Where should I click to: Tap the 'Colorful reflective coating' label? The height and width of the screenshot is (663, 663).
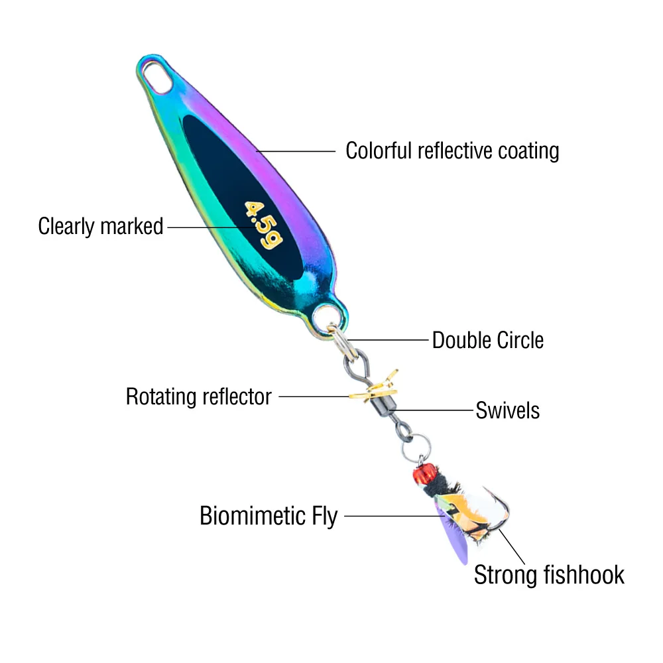[452, 151]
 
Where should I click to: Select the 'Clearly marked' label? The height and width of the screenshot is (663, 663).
[100, 226]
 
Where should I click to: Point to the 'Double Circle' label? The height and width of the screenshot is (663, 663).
[487, 340]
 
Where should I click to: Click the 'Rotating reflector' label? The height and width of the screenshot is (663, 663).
[199, 397]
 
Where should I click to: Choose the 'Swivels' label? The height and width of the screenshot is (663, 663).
[507, 410]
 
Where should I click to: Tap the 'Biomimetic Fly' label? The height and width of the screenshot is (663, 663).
[269, 515]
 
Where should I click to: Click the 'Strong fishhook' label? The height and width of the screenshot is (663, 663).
[549, 574]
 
